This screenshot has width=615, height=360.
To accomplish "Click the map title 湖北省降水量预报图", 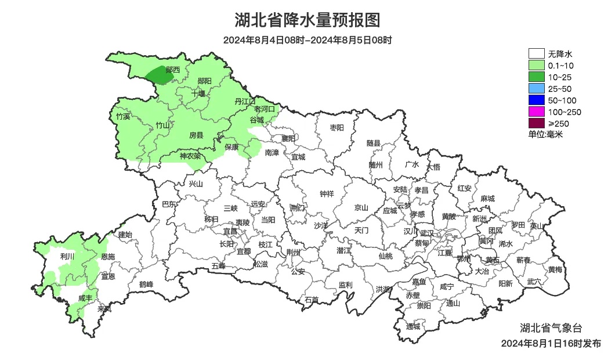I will [307, 20].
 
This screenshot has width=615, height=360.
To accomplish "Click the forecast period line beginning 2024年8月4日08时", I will [307, 41].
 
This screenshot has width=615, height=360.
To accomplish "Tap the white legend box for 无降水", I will [536, 54].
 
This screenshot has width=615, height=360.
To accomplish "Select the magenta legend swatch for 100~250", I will [536, 111].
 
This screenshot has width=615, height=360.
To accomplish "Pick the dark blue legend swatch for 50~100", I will [536, 100].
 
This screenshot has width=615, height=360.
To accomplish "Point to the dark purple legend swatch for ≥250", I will [536, 123].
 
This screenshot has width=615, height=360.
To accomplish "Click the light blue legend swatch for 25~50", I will [536, 88].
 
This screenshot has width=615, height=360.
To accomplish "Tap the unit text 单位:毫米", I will [545, 134].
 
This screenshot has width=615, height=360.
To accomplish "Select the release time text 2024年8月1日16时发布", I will [551, 344].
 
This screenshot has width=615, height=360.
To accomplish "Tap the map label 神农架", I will [190, 156].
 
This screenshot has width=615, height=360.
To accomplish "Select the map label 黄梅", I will [555, 269].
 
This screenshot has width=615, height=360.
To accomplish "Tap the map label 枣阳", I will [337, 127].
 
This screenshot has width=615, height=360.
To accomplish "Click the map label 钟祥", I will [327, 194].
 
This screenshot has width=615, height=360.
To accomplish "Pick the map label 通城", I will [413, 326].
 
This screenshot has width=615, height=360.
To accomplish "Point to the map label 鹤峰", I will [146, 285].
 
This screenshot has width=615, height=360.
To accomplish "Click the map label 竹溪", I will [123, 117].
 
